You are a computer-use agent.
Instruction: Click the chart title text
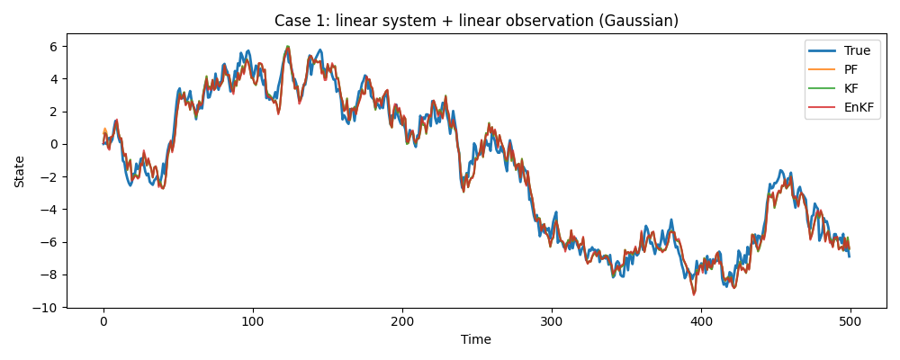pyautogui.click(x=476, y=21)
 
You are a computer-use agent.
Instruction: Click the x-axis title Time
pyautogui.click(x=476, y=340)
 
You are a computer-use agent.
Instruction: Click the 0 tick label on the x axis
pyautogui.click(x=103, y=321)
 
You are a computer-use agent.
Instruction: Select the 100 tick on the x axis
pyautogui.click(x=253, y=321)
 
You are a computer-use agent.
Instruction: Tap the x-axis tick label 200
pyautogui.click(x=402, y=321)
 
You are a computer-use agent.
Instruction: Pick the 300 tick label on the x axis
pyautogui.click(x=552, y=321)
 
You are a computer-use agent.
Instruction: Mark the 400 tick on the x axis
pyautogui.click(x=701, y=321)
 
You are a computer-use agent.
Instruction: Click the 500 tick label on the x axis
pyautogui.click(x=850, y=321)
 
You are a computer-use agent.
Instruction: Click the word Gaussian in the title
pyautogui.click(x=644, y=21)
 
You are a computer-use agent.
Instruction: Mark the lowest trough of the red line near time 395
pyautogui.click(x=694, y=294)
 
